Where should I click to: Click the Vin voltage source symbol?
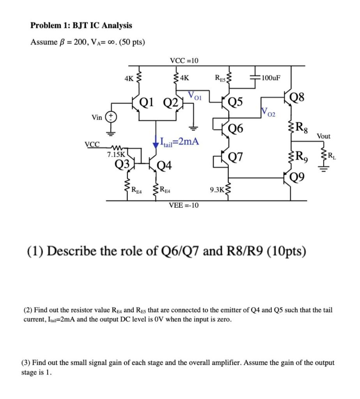click(111, 117)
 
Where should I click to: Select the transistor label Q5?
click(236, 102)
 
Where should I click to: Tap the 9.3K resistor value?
click(217, 190)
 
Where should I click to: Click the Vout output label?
click(323, 136)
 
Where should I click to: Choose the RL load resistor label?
click(331, 157)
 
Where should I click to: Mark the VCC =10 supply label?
click(184, 60)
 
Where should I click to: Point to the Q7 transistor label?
click(236, 157)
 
